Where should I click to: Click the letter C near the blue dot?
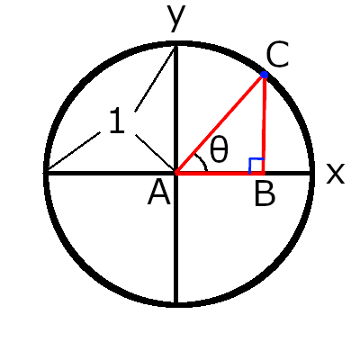pyautogui.click(x=277, y=54)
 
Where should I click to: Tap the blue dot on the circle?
pyautogui.click(x=264, y=75)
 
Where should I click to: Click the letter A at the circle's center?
pyautogui.click(x=159, y=193)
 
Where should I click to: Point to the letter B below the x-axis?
pyautogui.click(x=265, y=194)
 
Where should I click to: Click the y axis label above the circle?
pyautogui.click(x=176, y=18)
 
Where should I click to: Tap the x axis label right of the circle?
pyautogui.click(x=336, y=174)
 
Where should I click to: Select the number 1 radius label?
pyautogui.click(x=117, y=121)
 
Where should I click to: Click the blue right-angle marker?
pyautogui.click(x=256, y=165)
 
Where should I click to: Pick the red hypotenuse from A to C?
pyautogui.click(x=220, y=123)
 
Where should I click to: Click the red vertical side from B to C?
pyautogui.click(x=264, y=124)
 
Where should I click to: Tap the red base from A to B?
pyautogui.click(x=220, y=173)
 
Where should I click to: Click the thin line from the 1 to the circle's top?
pyautogui.click(x=155, y=79)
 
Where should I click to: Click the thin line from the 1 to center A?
pyautogui.click(x=155, y=154)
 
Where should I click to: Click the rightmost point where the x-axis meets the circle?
pyautogui.click(x=312, y=174)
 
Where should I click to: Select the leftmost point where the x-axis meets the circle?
pyautogui.click(x=46, y=173)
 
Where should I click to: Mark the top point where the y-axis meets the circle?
pyautogui.click(x=176, y=44)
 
